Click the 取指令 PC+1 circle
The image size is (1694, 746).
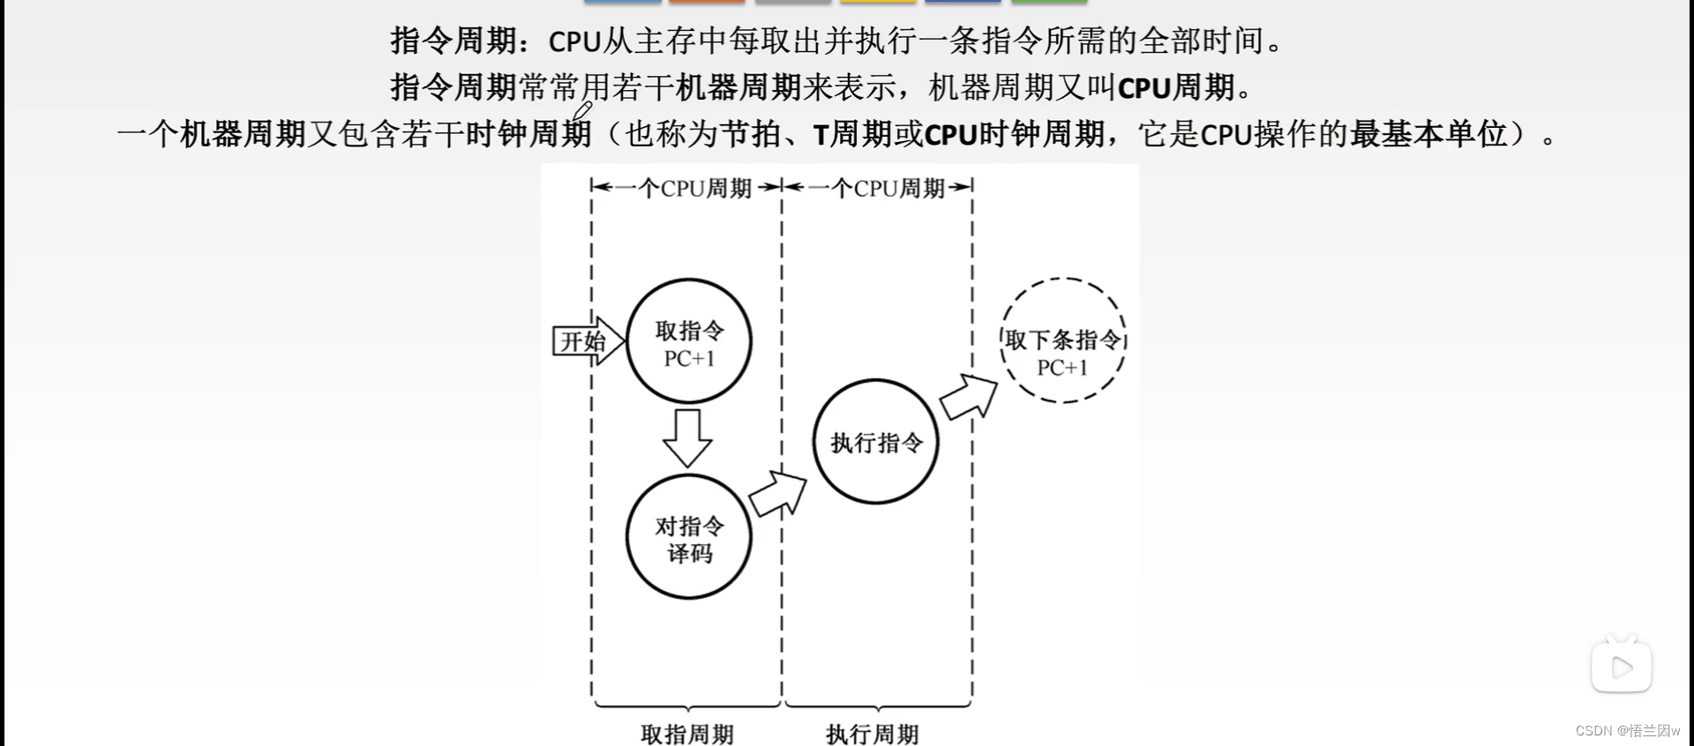[x=689, y=342]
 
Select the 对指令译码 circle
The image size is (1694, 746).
[x=689, y=538]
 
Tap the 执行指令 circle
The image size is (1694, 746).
[x=876, y=442]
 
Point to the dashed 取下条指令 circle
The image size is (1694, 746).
[x=1063, y=341]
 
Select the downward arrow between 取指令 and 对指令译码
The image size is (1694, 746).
[x=687, y=437]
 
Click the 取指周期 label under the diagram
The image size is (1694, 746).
[x=687, y=734]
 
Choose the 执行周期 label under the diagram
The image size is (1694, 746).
[x=873, y=734]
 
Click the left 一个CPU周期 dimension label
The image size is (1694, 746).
[x=686, y=188]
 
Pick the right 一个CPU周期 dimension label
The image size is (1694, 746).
[x=879, y=188]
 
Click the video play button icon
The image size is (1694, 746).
[x=1622, y=668]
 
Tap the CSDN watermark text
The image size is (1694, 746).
[x=1627, y=731]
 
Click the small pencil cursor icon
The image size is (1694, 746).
[x=582, y=111]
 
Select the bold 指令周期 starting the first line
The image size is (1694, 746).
[x=453, y=41]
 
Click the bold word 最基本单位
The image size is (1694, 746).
[x=1428, y=134]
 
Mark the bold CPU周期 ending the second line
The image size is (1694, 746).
[x=1175, y=87]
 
